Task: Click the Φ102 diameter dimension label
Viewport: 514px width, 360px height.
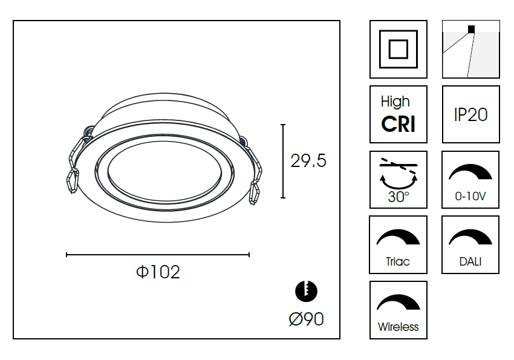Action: tap(158, 272)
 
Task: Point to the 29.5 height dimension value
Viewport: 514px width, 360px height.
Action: tap(308, 161)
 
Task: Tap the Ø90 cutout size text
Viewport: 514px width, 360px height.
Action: tap(307, 319)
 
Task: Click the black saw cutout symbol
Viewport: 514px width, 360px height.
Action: tap(306, 291)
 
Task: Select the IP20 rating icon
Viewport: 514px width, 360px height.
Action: tap(470, 114)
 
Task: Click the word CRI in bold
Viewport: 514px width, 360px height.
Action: tap(399, 124)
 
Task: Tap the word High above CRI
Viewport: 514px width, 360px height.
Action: tap(395, 102)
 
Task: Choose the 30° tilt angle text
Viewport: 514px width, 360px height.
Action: tap(399, 197)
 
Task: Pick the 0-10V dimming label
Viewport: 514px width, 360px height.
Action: tap(470, 196)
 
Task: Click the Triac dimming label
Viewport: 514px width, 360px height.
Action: tap(398, 261)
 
